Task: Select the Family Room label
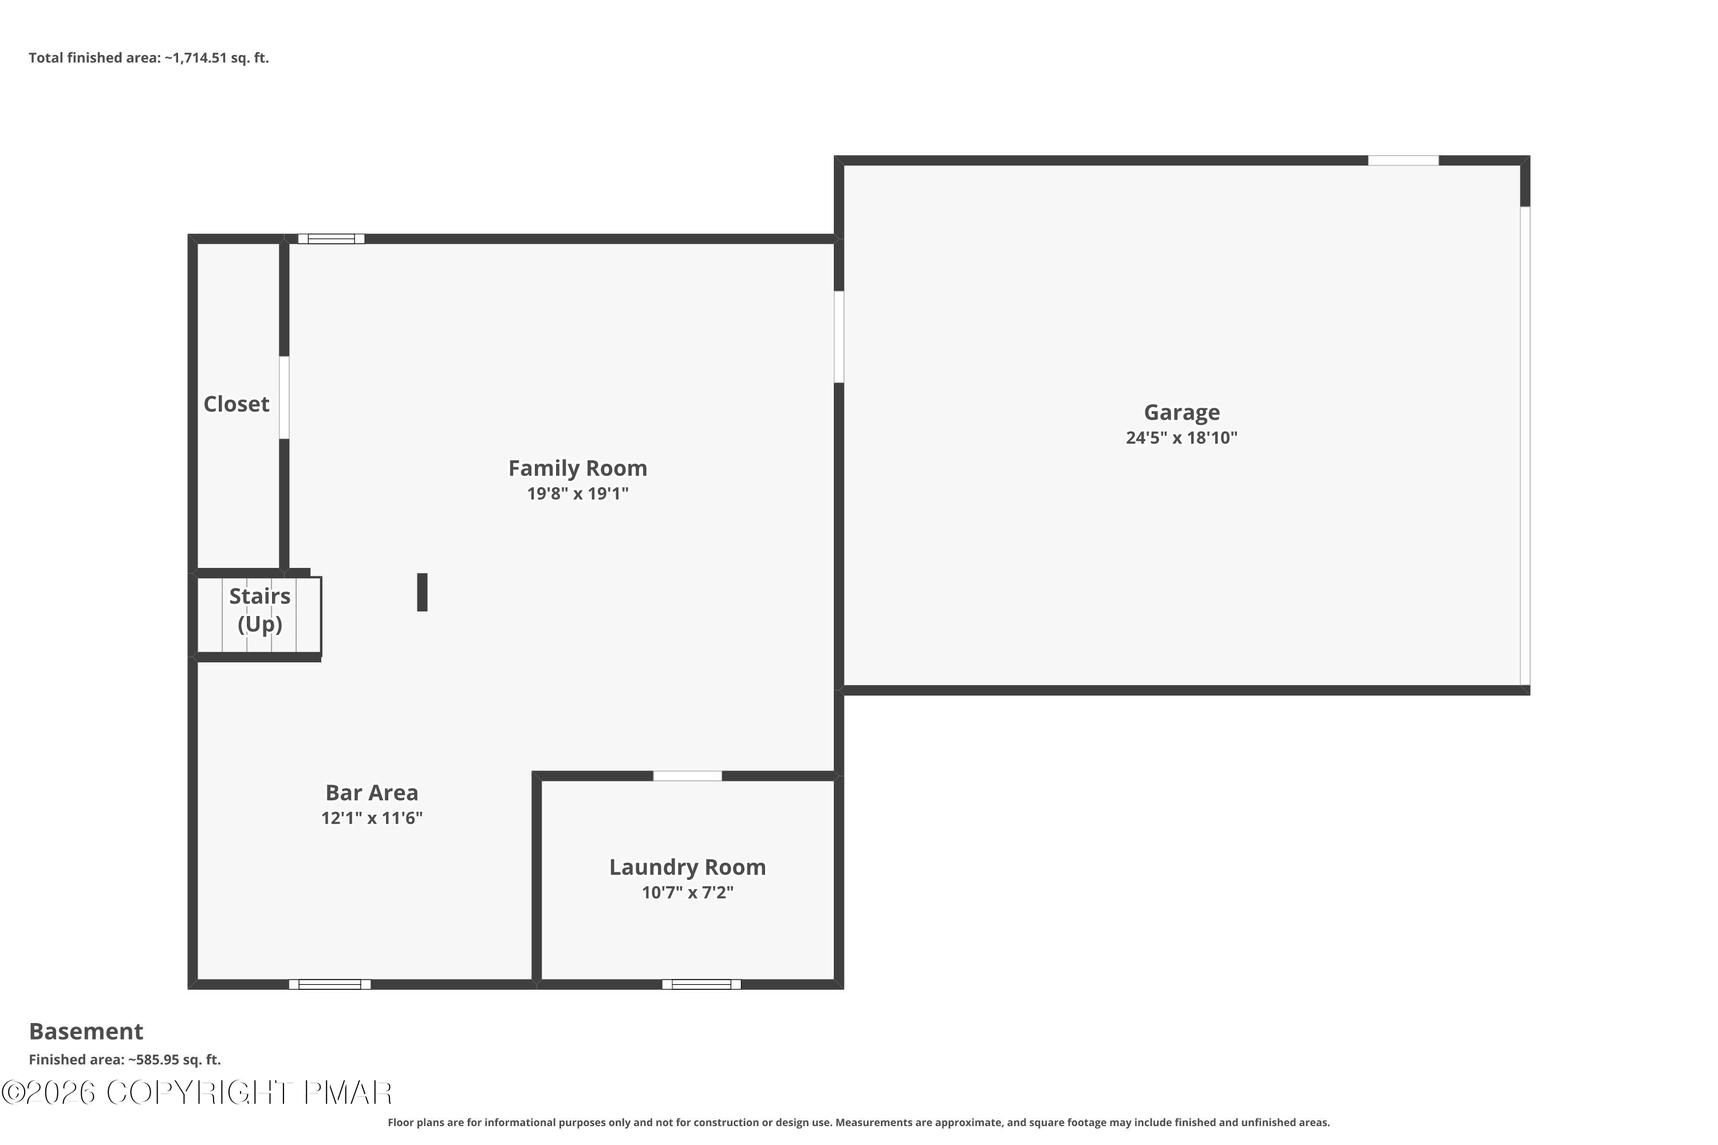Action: [x=578, y=468]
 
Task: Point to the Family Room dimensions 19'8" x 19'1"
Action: [x=578, y=493]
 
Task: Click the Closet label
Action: [x=236, y=404]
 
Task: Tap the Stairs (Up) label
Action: [x=260, y=610]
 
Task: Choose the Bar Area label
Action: [x=372, y=792]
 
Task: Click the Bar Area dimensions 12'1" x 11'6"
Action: [x=372, y=818]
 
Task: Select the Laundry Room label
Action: [x=687, y=867]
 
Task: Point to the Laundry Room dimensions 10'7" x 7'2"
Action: [x=687, y=893]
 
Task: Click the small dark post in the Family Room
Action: [x=422, y=592]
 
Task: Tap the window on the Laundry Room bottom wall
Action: [x=701, y=984]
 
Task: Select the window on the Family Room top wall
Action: [x=331, y=239]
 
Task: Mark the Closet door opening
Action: [x=284, y=398]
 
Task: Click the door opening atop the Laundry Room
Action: [x=687, y=776]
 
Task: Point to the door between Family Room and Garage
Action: [x=840, y=337]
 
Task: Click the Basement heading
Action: [x=86, y=1031]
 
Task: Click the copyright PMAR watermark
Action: [x=197, y=1093]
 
